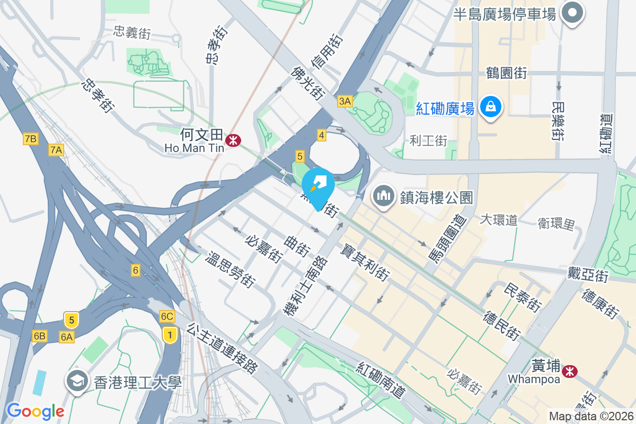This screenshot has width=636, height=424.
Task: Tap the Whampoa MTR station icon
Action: (570, 371)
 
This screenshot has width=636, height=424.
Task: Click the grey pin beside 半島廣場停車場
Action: (572, 13)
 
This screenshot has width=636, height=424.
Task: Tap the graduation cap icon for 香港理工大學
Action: (77, 381)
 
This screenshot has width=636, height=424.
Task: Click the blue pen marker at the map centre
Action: (318, 186)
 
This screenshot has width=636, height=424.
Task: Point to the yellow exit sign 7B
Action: (31, 139)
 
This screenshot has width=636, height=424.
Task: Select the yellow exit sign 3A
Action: (345, 101)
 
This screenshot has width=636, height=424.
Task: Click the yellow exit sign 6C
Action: (167, 316)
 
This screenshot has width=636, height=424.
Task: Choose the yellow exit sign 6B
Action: (40, 336)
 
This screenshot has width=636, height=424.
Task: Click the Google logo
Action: (36, 411)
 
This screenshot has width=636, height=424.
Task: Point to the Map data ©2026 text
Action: (590, 416)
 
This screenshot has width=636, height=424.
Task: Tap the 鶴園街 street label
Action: (507, 73)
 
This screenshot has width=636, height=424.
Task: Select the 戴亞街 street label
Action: (587, 275)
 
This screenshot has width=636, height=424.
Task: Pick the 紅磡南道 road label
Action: (381, 381)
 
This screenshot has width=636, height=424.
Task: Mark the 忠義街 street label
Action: (132, 33)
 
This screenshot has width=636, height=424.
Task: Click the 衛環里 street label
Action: (556, 224)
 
